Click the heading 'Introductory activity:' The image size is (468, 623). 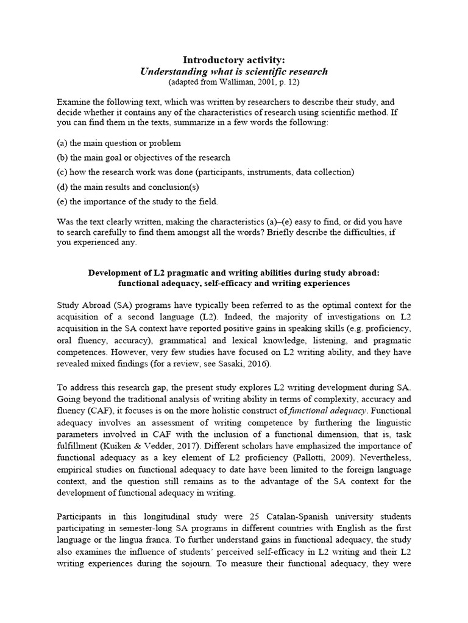234,60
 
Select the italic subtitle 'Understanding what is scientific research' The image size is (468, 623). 234,71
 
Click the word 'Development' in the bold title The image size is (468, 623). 116,273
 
